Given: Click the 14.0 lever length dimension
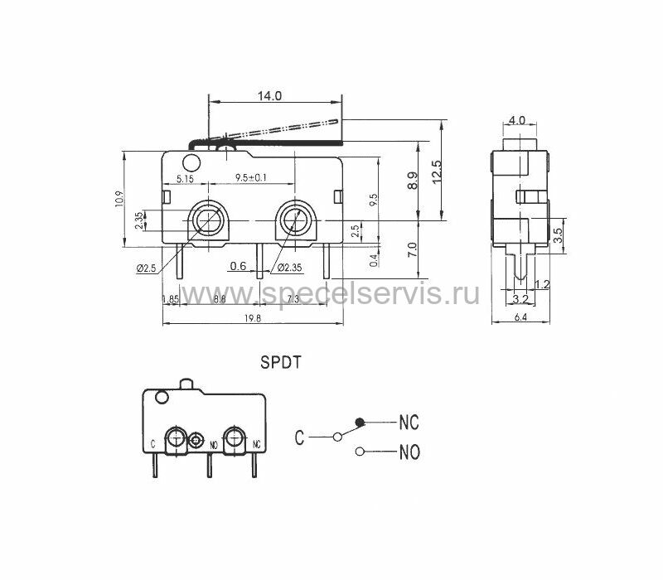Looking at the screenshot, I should click(x=269, y=95).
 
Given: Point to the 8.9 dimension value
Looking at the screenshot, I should click(x=412, y=181).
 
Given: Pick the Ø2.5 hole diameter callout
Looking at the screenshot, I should click(x=147, y=268).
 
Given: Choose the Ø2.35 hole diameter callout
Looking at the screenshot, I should click(x=289, y=267).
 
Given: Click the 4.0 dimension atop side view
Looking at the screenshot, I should click(x=517, y=120).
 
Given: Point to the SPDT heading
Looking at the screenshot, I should click(x=280, y=362).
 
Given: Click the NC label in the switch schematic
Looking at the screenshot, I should click(x=409, y=423).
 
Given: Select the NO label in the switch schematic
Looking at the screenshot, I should click(x=409, y=452).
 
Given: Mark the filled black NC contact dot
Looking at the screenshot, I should click(x=360, y=422).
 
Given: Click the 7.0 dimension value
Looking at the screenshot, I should click(x=412, y=249).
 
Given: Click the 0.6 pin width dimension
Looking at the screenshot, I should click(x=238, y=266).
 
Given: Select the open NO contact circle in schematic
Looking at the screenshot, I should click(x=360, y=452).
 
